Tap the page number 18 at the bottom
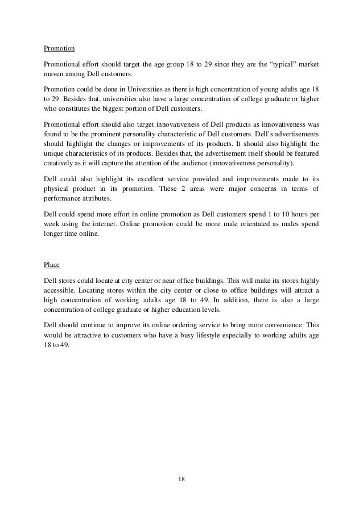181,480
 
